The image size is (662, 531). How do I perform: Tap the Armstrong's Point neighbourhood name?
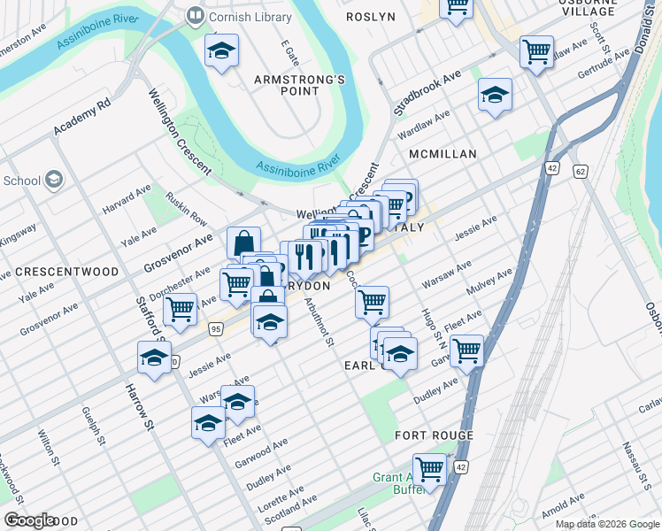(x=298, y=85)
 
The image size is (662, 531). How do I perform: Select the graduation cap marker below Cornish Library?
(x=221, y=52)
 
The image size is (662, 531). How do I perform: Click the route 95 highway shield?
(x=216, y=329)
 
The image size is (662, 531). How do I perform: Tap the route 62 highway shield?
(x=580, y=171)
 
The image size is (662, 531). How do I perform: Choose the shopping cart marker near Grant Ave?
(x=429, y=468)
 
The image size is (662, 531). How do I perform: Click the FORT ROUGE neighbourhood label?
(x=434, y=435)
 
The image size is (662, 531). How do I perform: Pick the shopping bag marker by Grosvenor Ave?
(x=243, y=242)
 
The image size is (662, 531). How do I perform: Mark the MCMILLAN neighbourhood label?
(x=443, y=154)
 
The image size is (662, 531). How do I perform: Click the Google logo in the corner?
(x=30, y=520)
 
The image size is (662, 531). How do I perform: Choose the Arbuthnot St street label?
(x=318, y=321)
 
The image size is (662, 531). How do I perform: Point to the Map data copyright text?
(x=607, y=524)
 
